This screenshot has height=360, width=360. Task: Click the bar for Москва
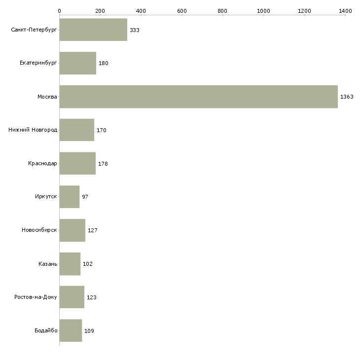[x=199, y=97]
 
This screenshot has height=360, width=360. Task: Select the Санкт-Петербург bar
[x=93, y=30]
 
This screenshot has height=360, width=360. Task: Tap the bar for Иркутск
[x=70, y=197]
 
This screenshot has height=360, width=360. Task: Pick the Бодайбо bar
[x=71, y=330]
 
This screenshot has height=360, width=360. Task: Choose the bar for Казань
[x=70, y=264]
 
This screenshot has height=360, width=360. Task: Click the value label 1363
[x=347, y=97]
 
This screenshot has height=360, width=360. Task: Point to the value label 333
[x=135, y=30]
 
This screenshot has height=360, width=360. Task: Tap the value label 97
[x=85, y=197]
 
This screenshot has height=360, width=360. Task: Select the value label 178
[x=103, y=164]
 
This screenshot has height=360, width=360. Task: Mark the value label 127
[x=93, y=230]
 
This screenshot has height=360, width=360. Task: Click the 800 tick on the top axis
[x=222, y=11]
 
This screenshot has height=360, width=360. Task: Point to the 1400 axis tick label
[x=345, y=11]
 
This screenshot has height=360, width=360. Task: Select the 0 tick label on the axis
[x=60, y=11]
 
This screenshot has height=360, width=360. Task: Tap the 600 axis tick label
[x=181, y=11]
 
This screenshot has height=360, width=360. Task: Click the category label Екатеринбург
[x=38, y=63]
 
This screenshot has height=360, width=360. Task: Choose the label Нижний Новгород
[x=33, y=130]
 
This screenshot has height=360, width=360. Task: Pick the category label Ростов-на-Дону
[x=36, y=297]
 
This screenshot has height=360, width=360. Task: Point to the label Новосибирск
[x=39, y=230]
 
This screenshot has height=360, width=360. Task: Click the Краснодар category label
[x=42, y=163]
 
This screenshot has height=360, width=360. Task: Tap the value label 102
[x=88, y=264]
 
